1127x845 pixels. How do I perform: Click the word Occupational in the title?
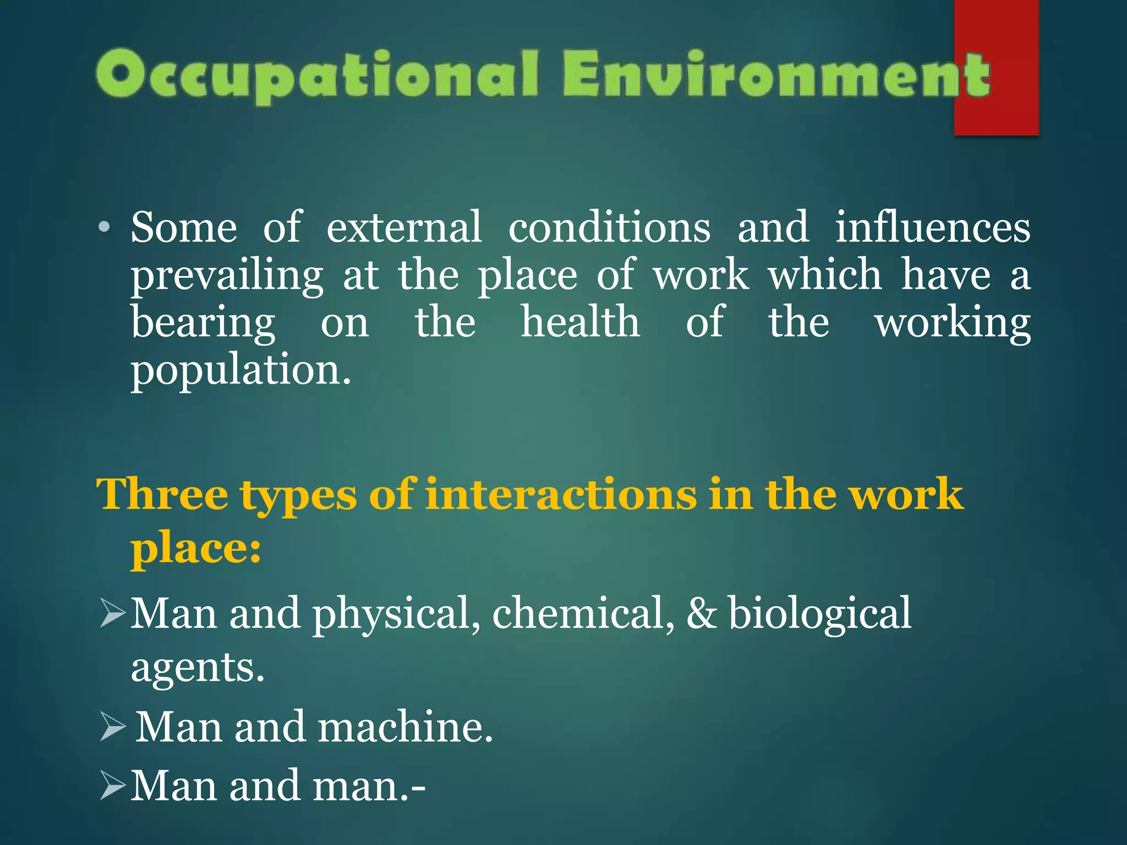[316, 75]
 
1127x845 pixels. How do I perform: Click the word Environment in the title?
[776, 75]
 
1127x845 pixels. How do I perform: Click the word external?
[404, 228]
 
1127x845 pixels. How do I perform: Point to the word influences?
[932, 228]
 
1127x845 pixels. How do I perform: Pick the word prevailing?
[227, 276]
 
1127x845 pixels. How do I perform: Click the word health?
[580, 323]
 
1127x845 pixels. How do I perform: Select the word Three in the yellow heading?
[162, 495]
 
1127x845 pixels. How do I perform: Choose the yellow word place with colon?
[195, 548]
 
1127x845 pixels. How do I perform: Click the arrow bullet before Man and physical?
[113, 614]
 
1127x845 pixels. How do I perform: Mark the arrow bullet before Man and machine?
[113, 727]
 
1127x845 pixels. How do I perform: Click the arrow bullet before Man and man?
[113, 786]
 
